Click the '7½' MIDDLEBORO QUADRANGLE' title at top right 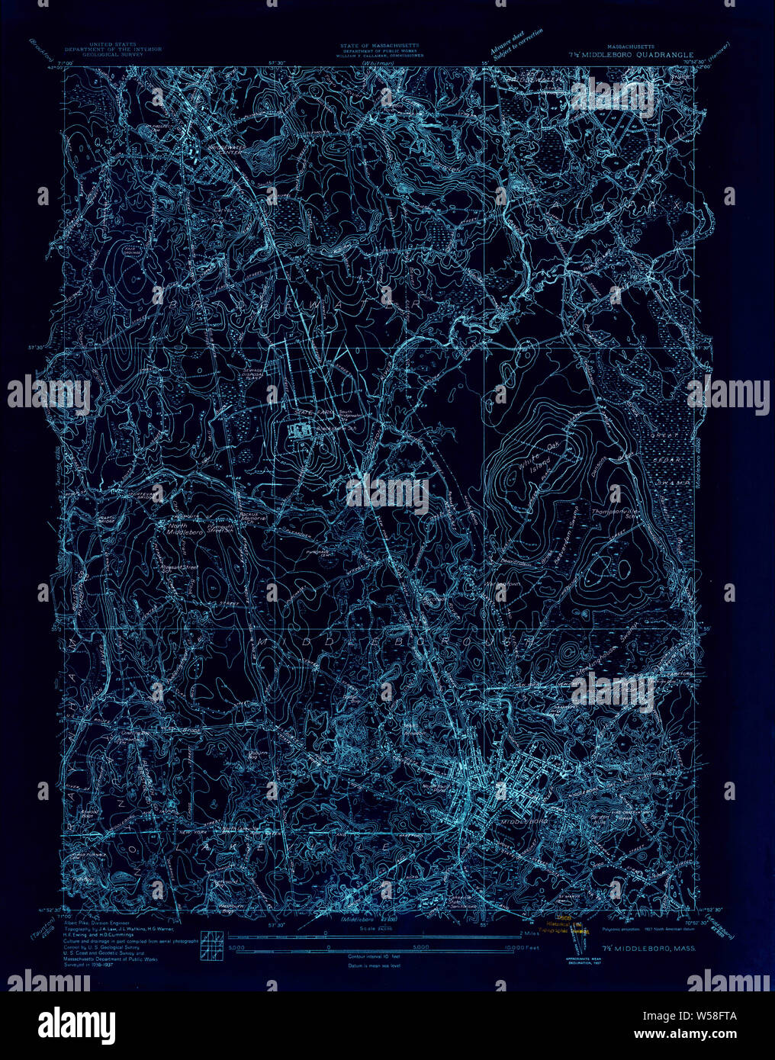630,55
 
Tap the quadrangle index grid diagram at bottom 211,943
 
